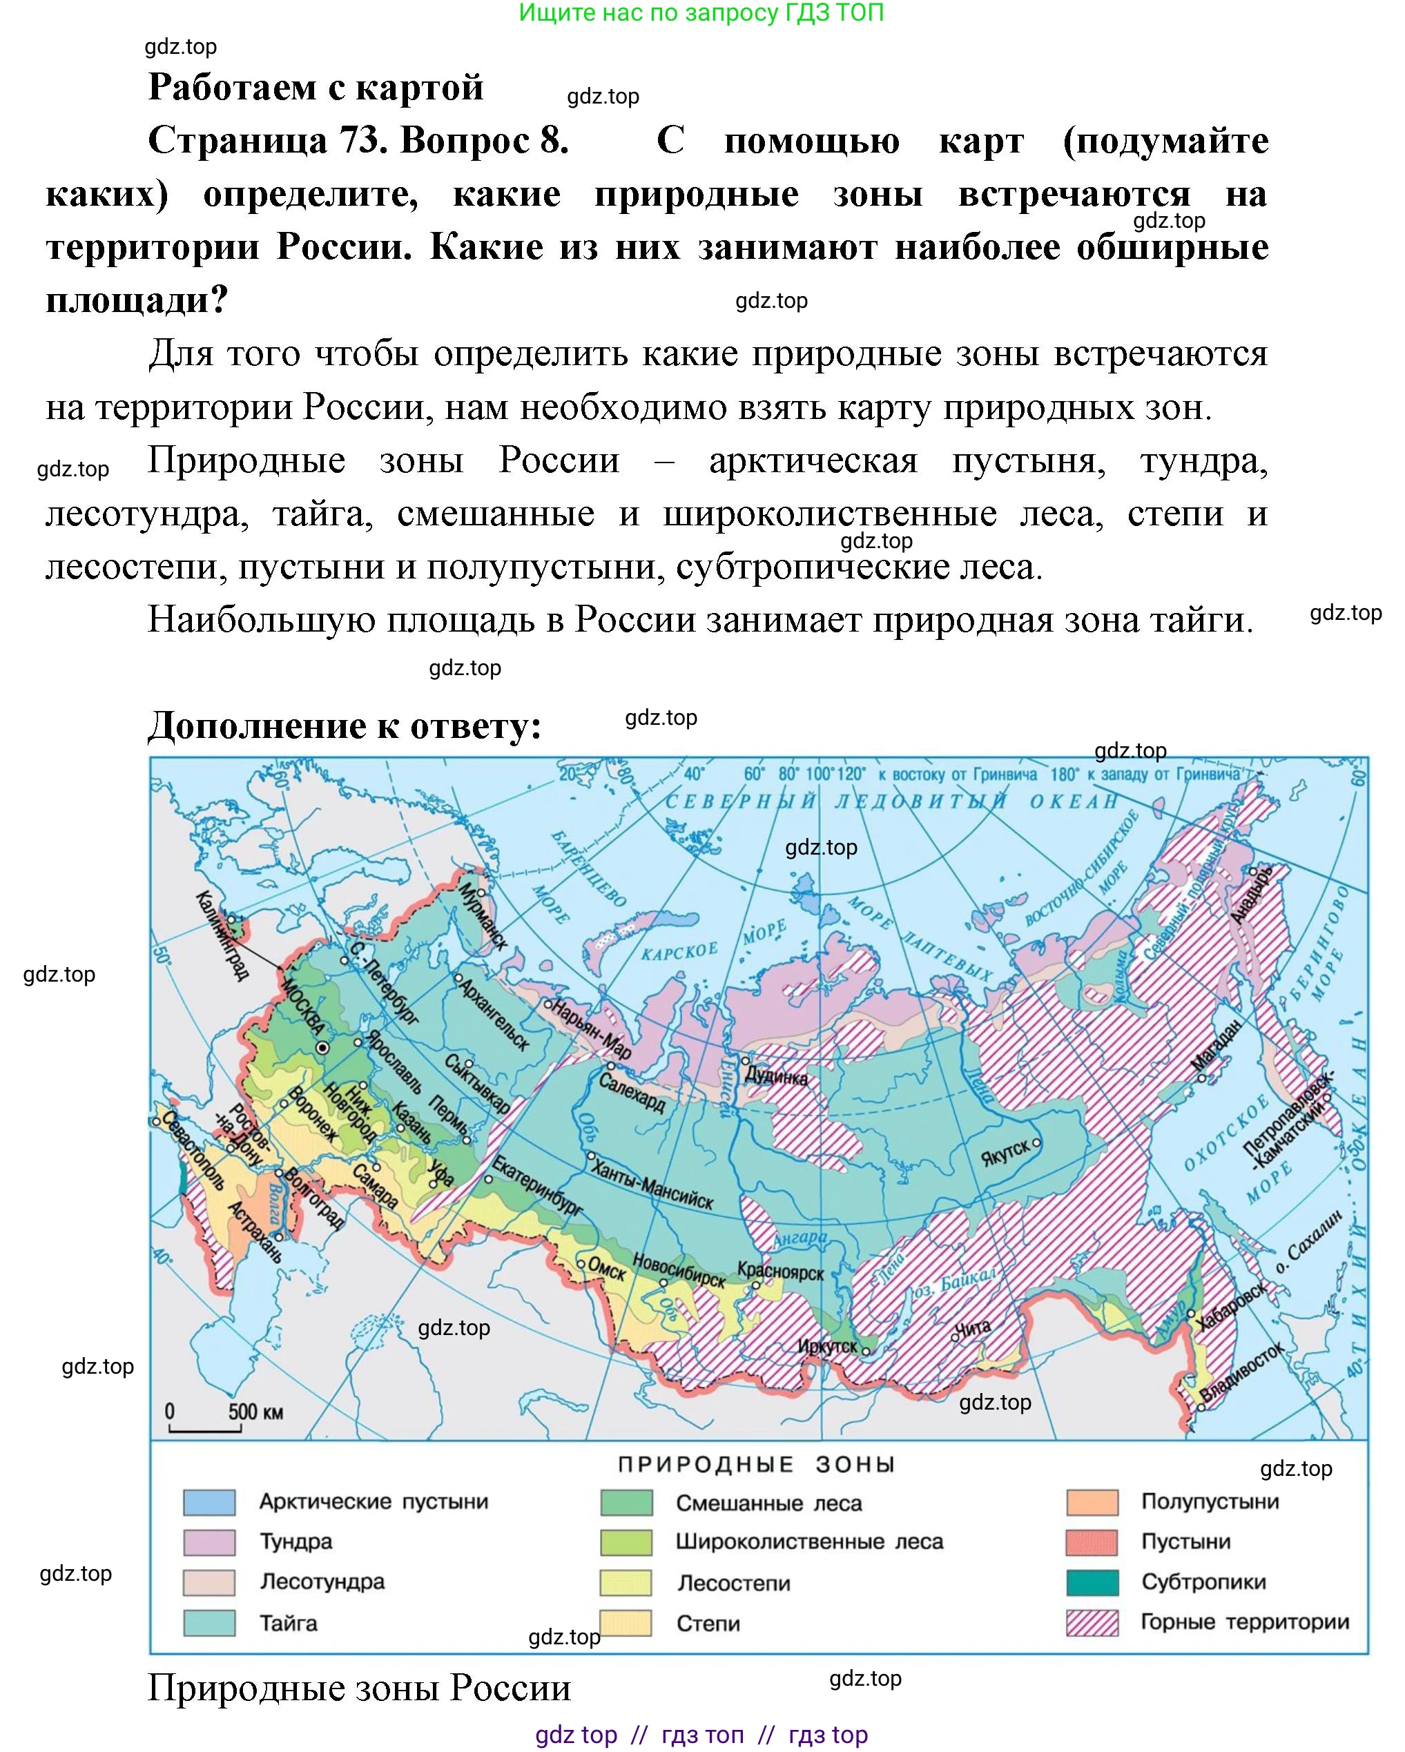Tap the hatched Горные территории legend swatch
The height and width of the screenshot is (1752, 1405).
1092,1622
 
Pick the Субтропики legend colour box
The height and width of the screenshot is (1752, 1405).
1092,1581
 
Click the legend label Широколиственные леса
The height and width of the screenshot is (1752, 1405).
808,1541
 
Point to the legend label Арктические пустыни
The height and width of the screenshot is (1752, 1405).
373,1501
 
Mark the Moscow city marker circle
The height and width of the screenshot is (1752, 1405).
322,1049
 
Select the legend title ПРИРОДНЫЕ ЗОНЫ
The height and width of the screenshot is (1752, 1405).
756,1464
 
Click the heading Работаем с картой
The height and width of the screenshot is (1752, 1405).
316,87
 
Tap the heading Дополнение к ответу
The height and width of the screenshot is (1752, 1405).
345,725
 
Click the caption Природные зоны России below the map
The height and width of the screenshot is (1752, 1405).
359,1688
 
